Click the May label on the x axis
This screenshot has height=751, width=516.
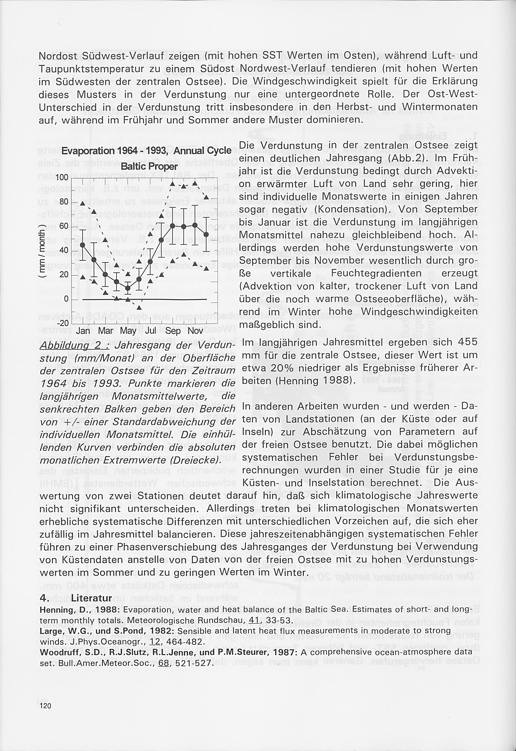point(128,331)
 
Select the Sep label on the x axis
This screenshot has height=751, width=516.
point(173,331)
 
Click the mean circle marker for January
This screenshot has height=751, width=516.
point(83,245)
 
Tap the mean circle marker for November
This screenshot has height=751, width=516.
point(195,225)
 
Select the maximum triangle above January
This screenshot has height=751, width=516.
point(83,203)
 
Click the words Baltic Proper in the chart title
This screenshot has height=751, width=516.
point(149,166)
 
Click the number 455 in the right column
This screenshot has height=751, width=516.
point(466,342)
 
